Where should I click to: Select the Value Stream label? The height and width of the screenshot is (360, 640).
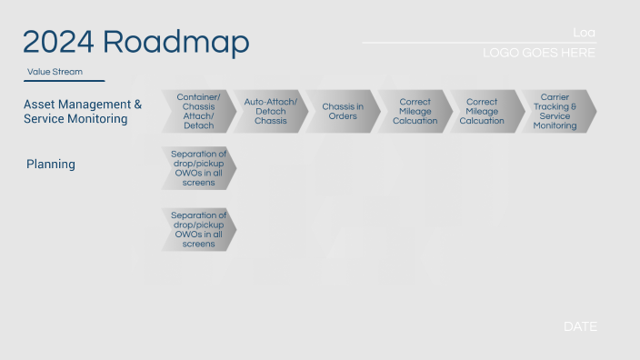coord(55,71)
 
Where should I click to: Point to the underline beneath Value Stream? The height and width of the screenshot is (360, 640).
coord(65,81)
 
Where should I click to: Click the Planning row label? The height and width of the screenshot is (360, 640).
coord(51,165)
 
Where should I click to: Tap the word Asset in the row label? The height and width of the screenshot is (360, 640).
coord(41,105)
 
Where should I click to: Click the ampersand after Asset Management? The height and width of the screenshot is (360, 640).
coord(137,105)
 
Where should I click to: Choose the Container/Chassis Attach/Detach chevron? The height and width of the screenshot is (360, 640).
coord(198,111)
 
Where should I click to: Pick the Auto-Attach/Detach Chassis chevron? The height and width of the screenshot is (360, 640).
coord(270,111)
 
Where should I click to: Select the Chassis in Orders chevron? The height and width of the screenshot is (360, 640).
coord(342,111)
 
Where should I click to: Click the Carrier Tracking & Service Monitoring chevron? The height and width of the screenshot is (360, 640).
coord(555,111)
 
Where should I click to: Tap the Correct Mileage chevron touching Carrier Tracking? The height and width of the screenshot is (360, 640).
coord(484,111)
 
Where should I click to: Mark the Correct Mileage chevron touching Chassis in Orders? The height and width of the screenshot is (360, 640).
coord(414,111)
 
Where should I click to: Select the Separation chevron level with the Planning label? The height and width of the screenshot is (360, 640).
coord(198,168)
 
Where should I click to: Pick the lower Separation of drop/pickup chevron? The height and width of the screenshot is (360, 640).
coord(198,229)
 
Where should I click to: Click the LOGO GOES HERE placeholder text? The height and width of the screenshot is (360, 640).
coord(539,54)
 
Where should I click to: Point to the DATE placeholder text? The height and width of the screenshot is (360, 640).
coord(580,326)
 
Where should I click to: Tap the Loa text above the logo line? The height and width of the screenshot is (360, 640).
coord(584,33)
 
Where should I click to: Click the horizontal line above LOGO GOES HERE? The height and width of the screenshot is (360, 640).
coord(478,43)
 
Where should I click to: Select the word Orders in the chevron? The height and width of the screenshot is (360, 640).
coord(342,116)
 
